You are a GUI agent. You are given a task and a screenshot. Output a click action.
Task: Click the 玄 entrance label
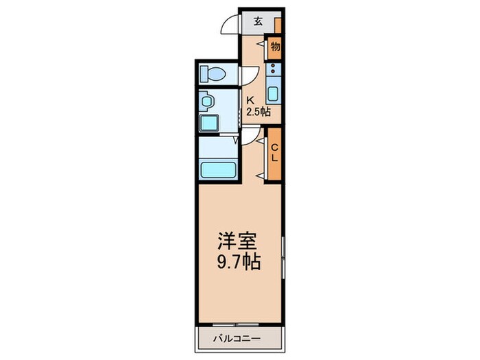258,21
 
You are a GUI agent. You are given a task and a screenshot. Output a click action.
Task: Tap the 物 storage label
275,47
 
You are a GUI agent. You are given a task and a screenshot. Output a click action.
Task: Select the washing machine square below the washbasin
208,123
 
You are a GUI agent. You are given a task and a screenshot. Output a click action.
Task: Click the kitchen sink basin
274,95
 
